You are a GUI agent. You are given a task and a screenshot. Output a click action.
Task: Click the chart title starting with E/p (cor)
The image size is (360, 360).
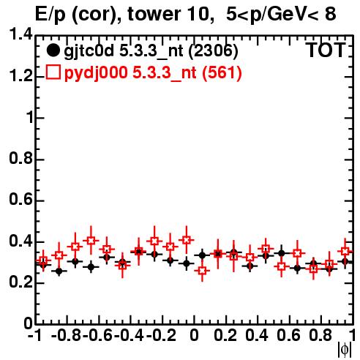[186, 14]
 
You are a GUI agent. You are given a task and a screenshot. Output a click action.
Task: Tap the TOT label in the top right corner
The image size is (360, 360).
[326, 50]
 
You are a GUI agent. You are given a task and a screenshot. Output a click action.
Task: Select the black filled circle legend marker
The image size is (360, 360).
[53, 50]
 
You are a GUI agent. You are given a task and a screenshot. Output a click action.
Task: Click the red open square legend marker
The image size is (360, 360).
[53, 72]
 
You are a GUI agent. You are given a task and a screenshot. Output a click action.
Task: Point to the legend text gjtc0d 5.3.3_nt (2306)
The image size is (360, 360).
[151, 51]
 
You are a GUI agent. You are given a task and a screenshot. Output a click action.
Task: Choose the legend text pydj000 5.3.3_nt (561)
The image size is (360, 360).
[153, 73]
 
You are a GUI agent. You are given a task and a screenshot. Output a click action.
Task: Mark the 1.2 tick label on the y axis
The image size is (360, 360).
[20, 76]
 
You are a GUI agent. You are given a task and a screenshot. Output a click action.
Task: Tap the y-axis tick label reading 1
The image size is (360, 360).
[29, 118]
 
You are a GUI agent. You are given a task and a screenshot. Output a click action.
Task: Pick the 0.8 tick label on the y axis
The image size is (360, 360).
[20, 159]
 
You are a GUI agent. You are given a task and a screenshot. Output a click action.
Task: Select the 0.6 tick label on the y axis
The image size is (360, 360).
[20, 200]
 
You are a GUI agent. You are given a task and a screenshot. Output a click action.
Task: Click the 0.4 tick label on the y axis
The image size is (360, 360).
[20, 241]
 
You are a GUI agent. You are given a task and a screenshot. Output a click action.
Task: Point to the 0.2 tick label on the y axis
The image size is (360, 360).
[20, 282]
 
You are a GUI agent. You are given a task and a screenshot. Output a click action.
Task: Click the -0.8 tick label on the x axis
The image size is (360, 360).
[67, 335]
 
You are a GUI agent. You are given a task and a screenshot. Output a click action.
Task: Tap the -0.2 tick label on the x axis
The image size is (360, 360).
[161, 335]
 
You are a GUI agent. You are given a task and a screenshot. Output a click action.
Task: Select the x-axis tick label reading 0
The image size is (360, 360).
[194, 335]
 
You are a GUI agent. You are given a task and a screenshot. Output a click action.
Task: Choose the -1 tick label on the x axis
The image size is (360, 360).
[35, 335]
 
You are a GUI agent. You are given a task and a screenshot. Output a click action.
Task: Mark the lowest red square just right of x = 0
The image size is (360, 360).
[202, 271]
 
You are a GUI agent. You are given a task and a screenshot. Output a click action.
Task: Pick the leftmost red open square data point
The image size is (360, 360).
[43, 260]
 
